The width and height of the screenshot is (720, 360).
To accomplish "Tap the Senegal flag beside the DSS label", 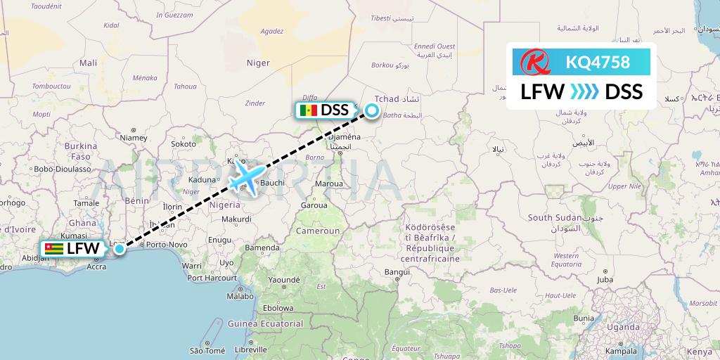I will (308, 110).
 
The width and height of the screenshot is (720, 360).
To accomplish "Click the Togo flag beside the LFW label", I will (53, 249).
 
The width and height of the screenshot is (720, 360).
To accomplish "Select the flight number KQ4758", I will (598, 63).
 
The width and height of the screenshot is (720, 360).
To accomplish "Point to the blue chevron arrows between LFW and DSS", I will (584, 92).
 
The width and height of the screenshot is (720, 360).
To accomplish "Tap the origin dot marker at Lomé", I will (120, 248).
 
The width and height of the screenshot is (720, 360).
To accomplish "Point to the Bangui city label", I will (397, 271).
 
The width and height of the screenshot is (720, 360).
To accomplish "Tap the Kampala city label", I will (621, 350).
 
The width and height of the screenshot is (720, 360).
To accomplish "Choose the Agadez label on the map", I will (271, 31).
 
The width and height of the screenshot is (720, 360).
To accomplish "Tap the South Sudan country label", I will (551, 217).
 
